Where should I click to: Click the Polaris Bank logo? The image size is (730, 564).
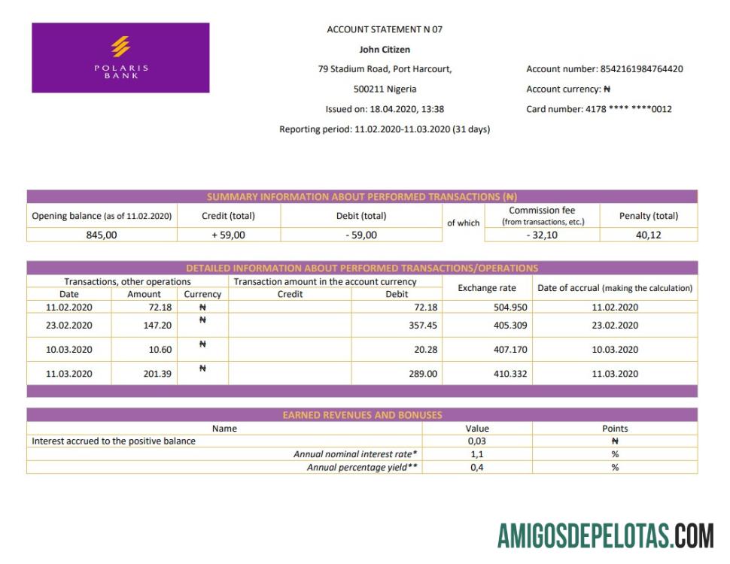pyautogui.click(x=120, y=58)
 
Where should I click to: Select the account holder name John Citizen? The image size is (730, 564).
pyautogui.click(x=385, y=50)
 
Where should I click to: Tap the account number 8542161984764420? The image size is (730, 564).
pyautogui.click(x=641, y=69)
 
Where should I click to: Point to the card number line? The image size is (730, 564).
pyautogui.click(x=599, y=109)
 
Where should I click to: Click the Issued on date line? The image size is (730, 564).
pyautogui.click(x=385, y=109)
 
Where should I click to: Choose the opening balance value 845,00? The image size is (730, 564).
pyautogui.click(x=102, y=235)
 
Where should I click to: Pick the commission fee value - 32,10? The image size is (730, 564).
pyautogui.click(x=543, y=235)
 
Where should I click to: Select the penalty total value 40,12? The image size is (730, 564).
pyautogui.click(x=649, y=235)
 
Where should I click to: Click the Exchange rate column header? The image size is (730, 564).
pyautogui.click(x=487, y=288)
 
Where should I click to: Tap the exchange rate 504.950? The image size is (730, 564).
pyautogui.click(x=511, y=308)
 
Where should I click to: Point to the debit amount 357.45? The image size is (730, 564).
pyautogui.click(x=422, y=326)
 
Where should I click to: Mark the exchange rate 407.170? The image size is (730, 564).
pyautogui.click(x=511, y=350)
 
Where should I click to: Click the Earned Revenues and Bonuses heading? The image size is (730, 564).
pyautogui.click(x=362, y=415)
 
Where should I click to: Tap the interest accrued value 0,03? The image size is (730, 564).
pyautogui.click(x=477, y=441)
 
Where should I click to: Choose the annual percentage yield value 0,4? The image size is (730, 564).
pyautogui.click(x=477, y=468)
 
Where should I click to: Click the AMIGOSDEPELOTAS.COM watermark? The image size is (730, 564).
pyautogui.click(x=606, y=535)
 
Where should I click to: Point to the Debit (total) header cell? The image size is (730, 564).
pyautogui.click(x=361, y=216)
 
